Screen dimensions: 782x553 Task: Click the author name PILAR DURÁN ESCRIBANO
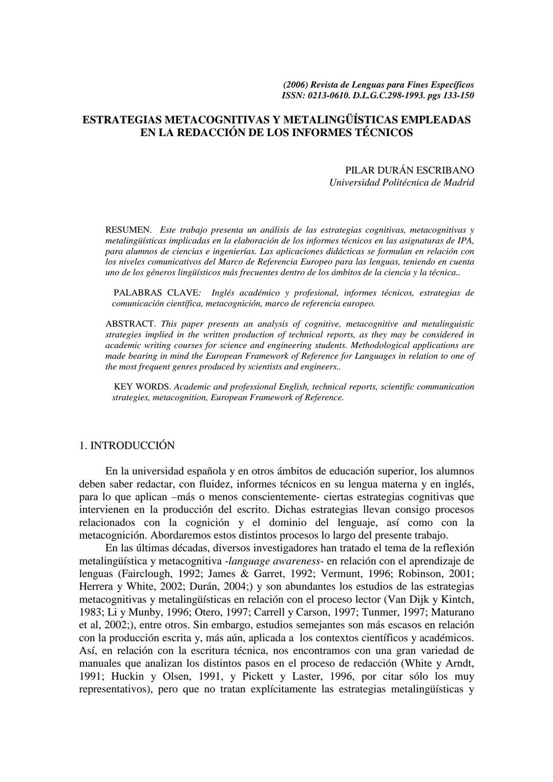pos(410,170)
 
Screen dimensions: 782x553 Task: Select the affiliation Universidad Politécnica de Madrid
pos(401,182)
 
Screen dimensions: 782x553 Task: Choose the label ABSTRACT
pos(130,324)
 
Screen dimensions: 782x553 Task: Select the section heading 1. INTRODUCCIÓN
pos(127,446)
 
